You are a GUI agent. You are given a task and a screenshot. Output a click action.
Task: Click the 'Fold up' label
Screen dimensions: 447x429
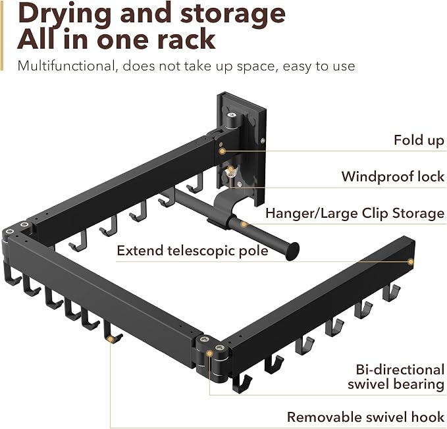419,140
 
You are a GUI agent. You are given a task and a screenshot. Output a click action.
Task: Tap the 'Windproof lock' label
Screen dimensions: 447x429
393,176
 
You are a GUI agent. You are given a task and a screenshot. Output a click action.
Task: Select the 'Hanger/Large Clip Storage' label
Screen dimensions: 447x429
355,213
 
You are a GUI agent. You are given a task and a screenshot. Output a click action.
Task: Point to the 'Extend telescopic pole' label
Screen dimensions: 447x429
192,251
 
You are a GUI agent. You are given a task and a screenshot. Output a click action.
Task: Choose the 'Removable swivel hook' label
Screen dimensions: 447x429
365,417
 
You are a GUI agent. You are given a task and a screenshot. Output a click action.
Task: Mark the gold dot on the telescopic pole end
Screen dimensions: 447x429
411,261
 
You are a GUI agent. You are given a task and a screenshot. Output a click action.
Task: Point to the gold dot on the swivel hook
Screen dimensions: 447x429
110,339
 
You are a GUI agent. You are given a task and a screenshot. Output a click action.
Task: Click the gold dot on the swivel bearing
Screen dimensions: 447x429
209,353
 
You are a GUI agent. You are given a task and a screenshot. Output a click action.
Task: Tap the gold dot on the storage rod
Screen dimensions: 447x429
244,224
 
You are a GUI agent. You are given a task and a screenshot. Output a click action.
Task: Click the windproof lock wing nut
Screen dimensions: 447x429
229,172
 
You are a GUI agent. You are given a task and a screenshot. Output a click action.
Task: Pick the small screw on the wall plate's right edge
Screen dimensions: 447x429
263,140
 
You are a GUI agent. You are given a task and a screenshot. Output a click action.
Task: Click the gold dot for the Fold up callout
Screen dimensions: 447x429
223,151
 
